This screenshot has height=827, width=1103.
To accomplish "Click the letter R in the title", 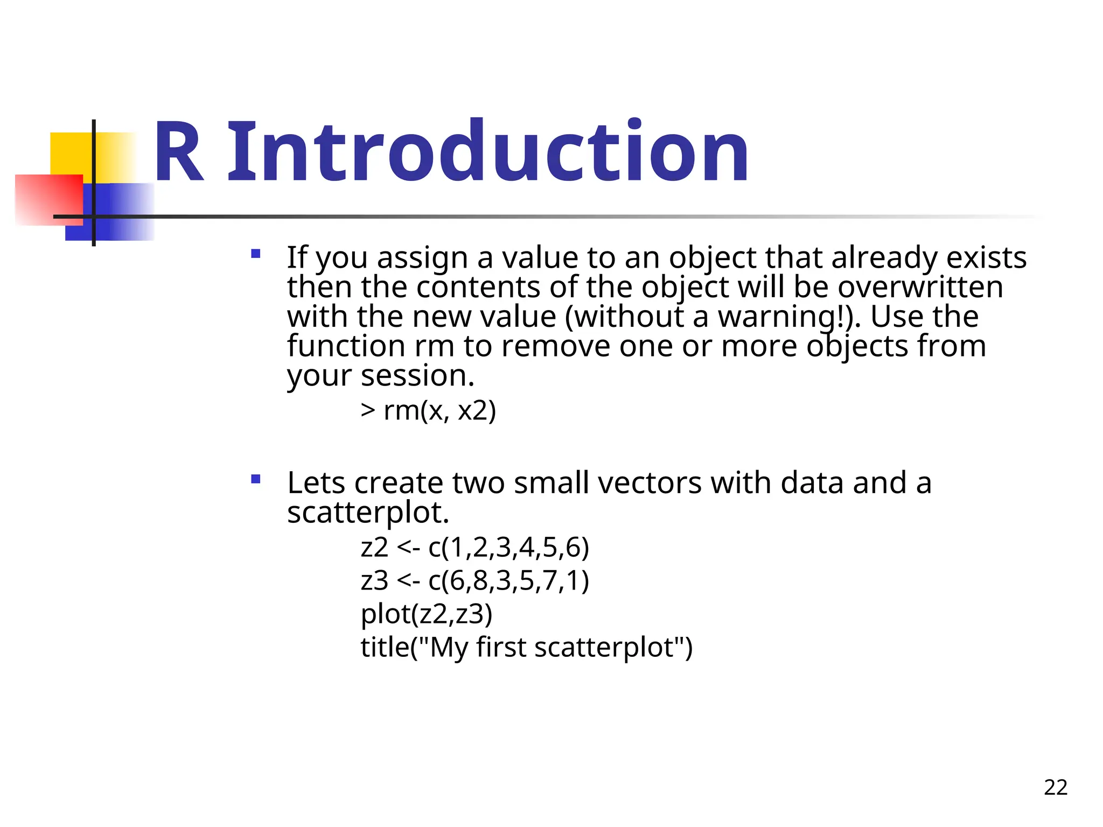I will tap(178, 152).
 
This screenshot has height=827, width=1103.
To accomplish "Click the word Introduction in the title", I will tap(488, 152).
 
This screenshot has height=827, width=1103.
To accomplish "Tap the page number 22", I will tap(1055, 787).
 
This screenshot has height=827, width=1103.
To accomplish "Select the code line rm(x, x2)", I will tap(428, 411).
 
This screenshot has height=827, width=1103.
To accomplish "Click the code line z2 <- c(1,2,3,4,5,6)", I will tap(475, 548).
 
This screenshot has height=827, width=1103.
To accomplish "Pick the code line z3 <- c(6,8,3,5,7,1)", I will tap(475, 581).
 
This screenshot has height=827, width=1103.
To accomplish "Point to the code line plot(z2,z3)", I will tap(427, 614).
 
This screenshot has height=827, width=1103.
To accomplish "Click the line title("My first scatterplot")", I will tap(526, 647).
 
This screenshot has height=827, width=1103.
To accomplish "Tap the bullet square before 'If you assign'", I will tap(256, 254).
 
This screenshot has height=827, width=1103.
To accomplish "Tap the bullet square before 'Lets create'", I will tap(256, 479).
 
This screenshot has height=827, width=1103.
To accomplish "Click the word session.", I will tap(417, 375).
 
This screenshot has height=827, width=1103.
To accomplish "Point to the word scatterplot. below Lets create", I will tap(368, 512).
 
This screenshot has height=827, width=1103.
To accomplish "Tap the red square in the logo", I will tap(48, 199).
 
